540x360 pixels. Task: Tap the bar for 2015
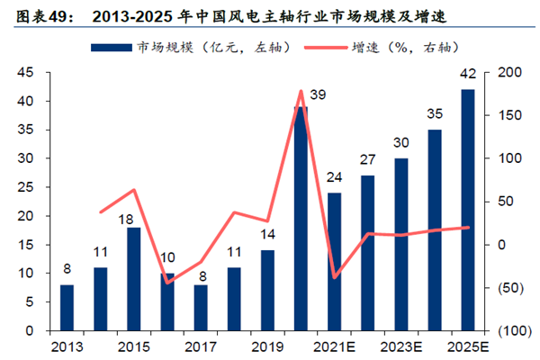click(x=133, y=279)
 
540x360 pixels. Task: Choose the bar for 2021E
click(x=334, y=262)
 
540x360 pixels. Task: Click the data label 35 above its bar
click(x=435, y=114)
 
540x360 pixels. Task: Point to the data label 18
click(x=126, y=218)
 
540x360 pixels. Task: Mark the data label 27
click(x=368, y=159)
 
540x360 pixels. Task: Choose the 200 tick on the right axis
click(x=499, y=73)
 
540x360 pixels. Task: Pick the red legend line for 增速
click(x=323, y=46)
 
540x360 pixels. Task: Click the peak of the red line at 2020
click(x=300, y=91)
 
